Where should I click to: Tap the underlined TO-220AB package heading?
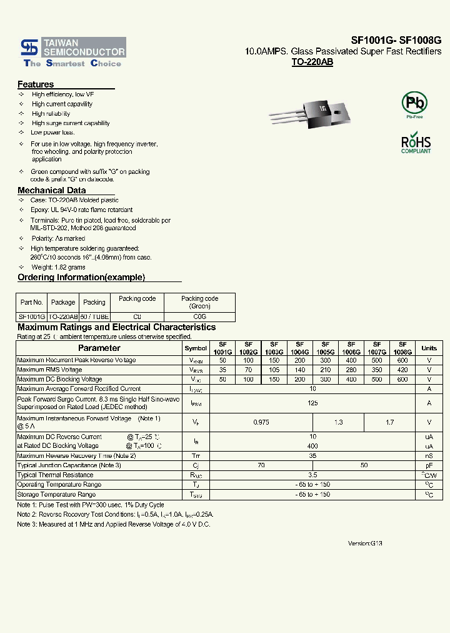tap(312, 63)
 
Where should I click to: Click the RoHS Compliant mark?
tap(416, 144)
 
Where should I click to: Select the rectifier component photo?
tap(312, 113)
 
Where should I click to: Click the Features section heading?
tap(36, 84)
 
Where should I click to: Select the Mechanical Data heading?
tap(51, 190)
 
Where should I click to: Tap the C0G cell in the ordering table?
tap(199, 317)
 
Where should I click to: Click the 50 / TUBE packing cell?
tap(94, 317)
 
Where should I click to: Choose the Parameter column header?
tap(99, 348)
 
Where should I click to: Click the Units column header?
tap(429, 348)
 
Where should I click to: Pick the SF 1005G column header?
tap(325, 348)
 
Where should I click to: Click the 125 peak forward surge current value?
tap(312, 403)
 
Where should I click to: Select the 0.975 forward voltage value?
tap(261, 422)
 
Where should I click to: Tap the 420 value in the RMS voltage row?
tap(402, 370)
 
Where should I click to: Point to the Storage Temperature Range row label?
tap(56, 494)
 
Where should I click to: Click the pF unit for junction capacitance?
tap(429, 465)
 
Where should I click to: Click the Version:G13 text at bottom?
tap(364, 544)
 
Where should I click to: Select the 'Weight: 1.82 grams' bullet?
tap(58, 267)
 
